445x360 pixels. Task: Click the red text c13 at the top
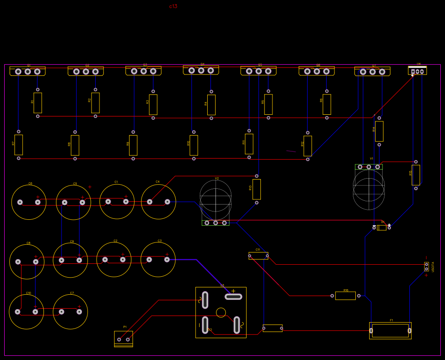click(173, 6)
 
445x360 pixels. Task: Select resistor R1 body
click(37, 103)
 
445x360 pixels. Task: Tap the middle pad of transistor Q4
click(201, 70)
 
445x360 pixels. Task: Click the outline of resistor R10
click(194, 145)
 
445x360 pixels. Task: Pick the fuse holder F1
click(390, 330)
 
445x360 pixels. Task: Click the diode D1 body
click(382, 227)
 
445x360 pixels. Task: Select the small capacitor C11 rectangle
click(258, 255)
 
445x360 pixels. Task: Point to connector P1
click(124, 338)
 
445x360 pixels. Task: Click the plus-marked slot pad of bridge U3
click(233, 297)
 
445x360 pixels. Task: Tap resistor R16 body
click(345, 296)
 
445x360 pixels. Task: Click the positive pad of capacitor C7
click(79, 312)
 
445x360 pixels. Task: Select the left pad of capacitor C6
click(20, 202)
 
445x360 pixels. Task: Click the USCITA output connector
click(426, 267)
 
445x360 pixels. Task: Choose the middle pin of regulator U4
click(417, 71)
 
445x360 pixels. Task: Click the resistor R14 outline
click(379, 131)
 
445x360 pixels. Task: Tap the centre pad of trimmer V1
click(369, 167)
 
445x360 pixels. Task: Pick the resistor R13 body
click(257, 189)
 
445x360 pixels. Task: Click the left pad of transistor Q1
click(19, 71)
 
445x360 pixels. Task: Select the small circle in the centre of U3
click(221, 312)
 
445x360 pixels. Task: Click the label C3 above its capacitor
click(160, 241)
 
